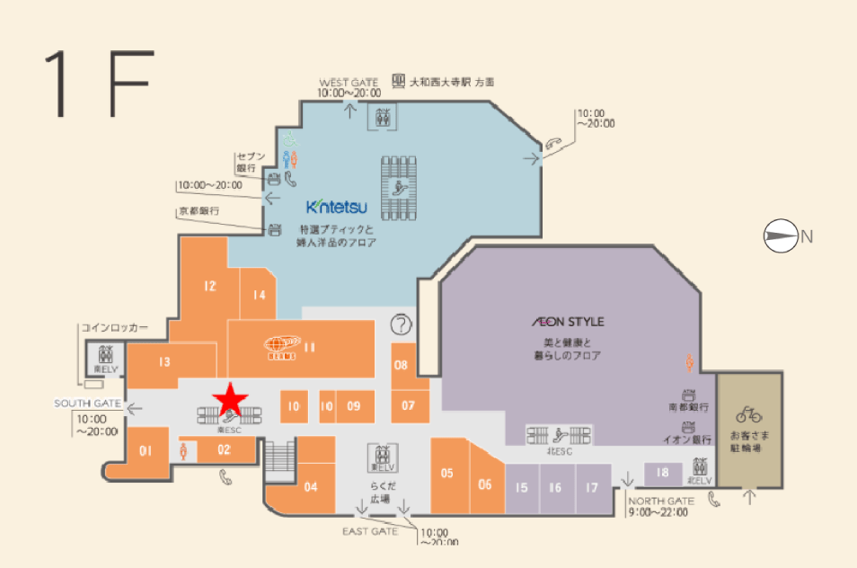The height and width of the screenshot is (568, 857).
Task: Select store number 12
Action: (x=209, y=287)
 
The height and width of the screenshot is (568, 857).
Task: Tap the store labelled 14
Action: (x=259, y=294)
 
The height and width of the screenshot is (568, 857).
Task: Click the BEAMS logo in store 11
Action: (x=282, y=347)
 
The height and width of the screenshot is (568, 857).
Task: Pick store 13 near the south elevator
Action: (x=163, y=362)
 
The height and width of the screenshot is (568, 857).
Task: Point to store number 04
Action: (x=311, y=487)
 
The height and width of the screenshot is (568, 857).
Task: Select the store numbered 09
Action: (x=354, y=406)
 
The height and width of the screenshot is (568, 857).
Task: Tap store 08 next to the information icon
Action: (x=402, y=365)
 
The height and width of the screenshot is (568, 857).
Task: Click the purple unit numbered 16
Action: (x=555, y=488)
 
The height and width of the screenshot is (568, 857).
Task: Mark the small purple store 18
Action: (x=662, y=473)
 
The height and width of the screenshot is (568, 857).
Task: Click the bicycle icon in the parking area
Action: (x=748, y=414)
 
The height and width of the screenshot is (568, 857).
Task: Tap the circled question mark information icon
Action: (x=402, y=324)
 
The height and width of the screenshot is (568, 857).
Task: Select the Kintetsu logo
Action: (x=337, y=208)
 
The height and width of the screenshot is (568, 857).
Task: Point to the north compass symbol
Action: (x=780, y=236)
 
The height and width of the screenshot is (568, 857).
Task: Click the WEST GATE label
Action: (x=348, y=82)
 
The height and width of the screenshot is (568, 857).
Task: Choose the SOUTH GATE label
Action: (x=87, y=404)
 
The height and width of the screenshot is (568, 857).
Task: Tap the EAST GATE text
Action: (x=370, y=531)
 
